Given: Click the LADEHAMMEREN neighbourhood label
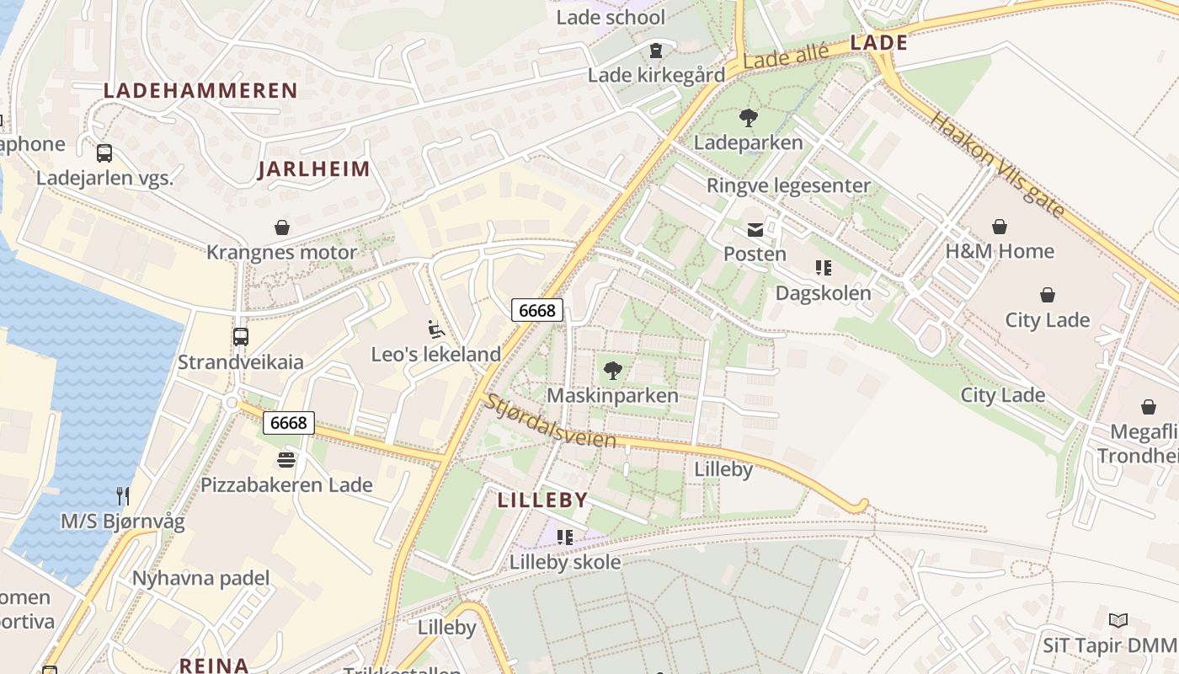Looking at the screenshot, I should tap(200, 91).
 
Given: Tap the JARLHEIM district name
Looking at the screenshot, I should tap(314, 169).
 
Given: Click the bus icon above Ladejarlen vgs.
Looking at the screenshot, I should tap(104, 153).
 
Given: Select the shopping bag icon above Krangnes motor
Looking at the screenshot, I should tap(282, 227).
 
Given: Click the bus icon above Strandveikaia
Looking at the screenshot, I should tap(240, 337).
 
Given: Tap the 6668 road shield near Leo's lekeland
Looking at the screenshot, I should tap(536, 310).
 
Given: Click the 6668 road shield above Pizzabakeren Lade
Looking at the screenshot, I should tap(289, 422).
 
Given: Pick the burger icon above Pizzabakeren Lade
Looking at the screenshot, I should tap(286, 460).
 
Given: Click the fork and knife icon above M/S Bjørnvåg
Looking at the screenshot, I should tap(123, 495).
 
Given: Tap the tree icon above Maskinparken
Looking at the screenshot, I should tap(613, 370).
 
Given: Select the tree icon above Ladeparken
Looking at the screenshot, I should tap(748, 117).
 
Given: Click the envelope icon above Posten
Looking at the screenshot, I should tap(755, 229).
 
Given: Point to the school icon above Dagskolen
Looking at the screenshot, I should tap(824, 268).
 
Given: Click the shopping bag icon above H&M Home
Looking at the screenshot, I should tap(1000, 227).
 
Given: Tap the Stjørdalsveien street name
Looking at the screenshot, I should tap(550, 423).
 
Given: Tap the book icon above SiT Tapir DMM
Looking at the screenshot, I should tap(1118, 621).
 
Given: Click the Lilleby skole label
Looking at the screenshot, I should tap(565, 562).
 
